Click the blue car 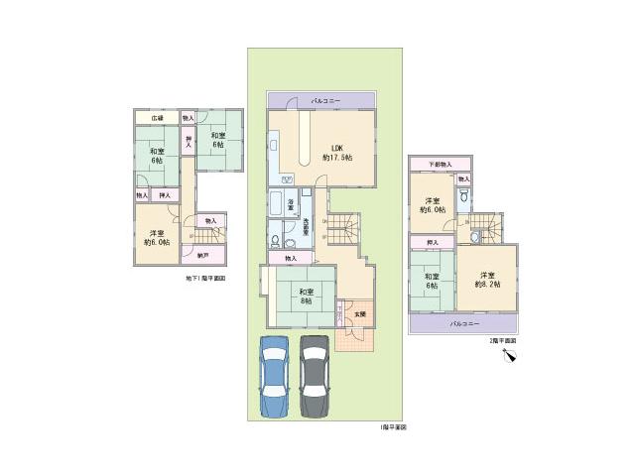click(x=275, y=377)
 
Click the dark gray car click(x=315, y=377)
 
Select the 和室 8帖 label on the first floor click(x=306, y=295)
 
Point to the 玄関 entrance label click(x=359, y=313)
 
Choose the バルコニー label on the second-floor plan click(x=463, y=324)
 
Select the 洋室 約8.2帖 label click(x=486, y=280)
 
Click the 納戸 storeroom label click(x=202, y=256)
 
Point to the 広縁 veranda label click(x=157, y=118)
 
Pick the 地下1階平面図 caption click(x=205, y=279)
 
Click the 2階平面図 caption click(x=501, y=340)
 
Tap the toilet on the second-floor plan click(x=463, y=196)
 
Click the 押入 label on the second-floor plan click(x=433, y=242)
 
